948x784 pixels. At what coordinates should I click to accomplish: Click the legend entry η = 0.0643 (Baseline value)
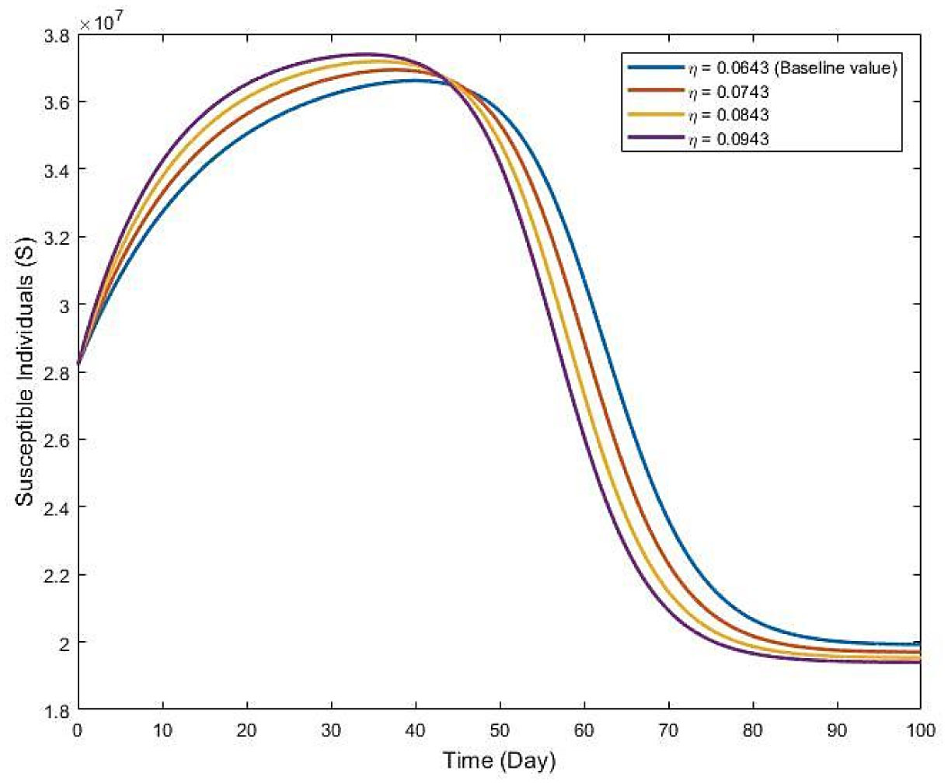(793, 68)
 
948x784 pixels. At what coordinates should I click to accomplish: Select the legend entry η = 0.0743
(730, 92)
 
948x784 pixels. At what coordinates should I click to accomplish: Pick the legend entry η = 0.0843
(730, 115)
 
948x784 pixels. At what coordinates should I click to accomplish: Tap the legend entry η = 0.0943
(730, 138)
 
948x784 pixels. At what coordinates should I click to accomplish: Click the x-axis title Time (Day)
(499, 760)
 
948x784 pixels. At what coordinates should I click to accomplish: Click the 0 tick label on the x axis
(78, 731)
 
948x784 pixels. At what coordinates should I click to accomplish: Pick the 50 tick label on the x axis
(499, 731)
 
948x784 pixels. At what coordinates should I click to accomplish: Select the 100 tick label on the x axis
(920, 731)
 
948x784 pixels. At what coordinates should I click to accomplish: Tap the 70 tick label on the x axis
(667, 731)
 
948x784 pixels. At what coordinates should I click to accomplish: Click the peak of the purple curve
(365, 54)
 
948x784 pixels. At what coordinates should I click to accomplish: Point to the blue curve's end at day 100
(920, 644)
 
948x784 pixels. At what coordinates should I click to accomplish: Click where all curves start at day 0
(78, 364)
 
